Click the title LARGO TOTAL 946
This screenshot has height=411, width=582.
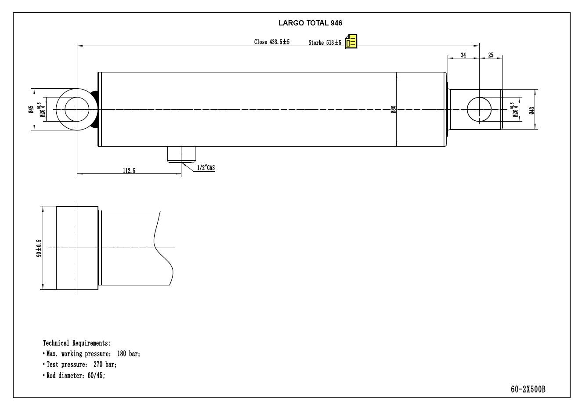[310, 23]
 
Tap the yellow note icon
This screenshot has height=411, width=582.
[351, 42]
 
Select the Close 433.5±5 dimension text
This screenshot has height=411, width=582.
[272, 42]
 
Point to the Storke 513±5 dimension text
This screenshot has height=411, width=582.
[325, 43]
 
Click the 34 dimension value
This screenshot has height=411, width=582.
[463, 55]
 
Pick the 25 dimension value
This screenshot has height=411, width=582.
[491, 55]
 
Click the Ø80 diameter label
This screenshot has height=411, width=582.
[394, 109]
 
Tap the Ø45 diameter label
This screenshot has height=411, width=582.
[31, 109]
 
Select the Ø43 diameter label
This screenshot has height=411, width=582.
[532, 111]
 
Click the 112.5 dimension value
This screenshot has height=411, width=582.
[129, 171]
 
